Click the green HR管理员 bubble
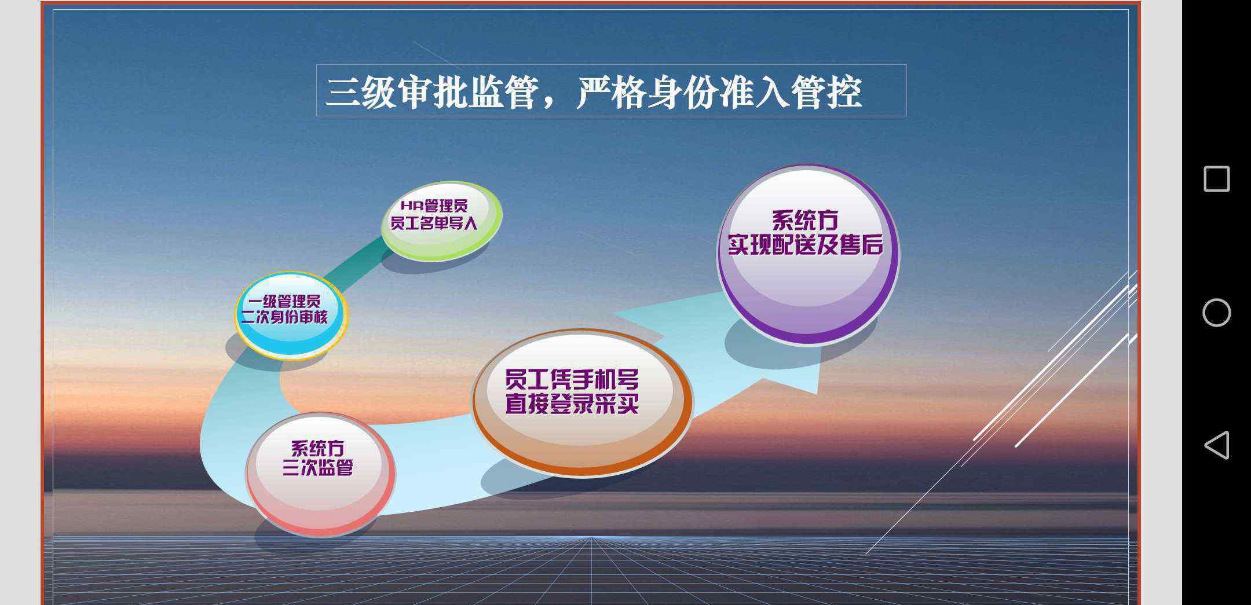tap(441, 221)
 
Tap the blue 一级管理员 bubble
tap(291, 316)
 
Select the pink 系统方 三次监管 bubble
tap(321, 474)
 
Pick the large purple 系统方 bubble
tap(808, 255)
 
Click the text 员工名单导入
tap(434, 223)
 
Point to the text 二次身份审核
tap(284, 317)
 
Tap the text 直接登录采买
tap(572, 404)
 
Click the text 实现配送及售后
tap(806, 244)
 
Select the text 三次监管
tap(317, 467)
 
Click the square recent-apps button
tap(1216, 179)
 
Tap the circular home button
tap(1216, 313)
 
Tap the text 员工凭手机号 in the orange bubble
tap(572, 380)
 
